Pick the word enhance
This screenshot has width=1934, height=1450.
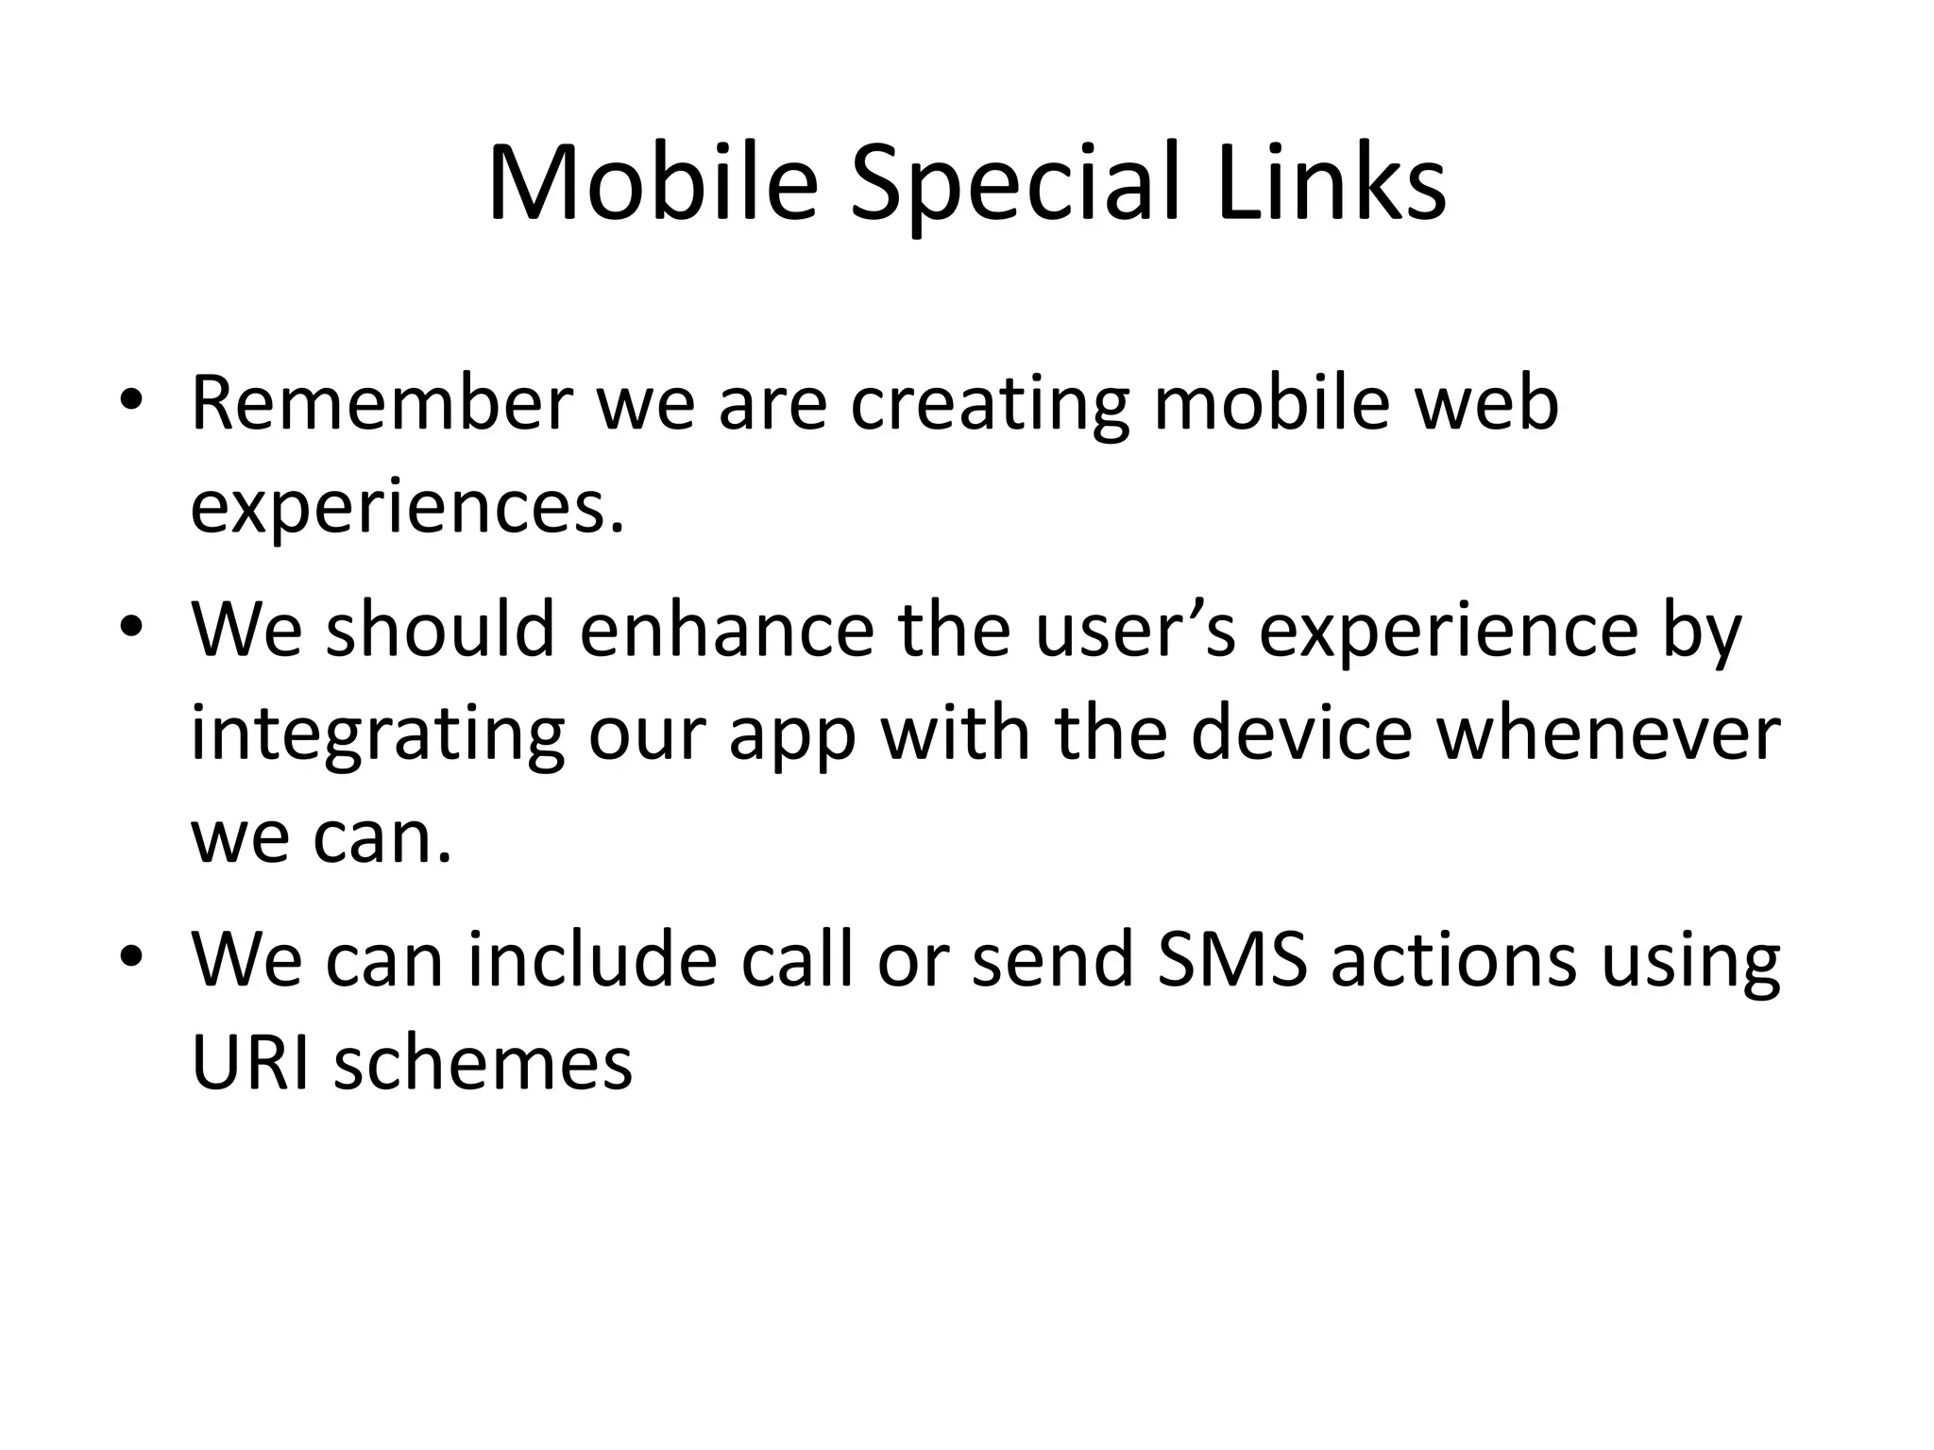coord(727,631)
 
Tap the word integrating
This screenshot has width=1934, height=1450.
coord(378,736)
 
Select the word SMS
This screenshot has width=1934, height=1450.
coord(1231,960)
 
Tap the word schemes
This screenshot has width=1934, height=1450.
coord(483,1064)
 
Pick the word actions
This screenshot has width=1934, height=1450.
coord(1453,960)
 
